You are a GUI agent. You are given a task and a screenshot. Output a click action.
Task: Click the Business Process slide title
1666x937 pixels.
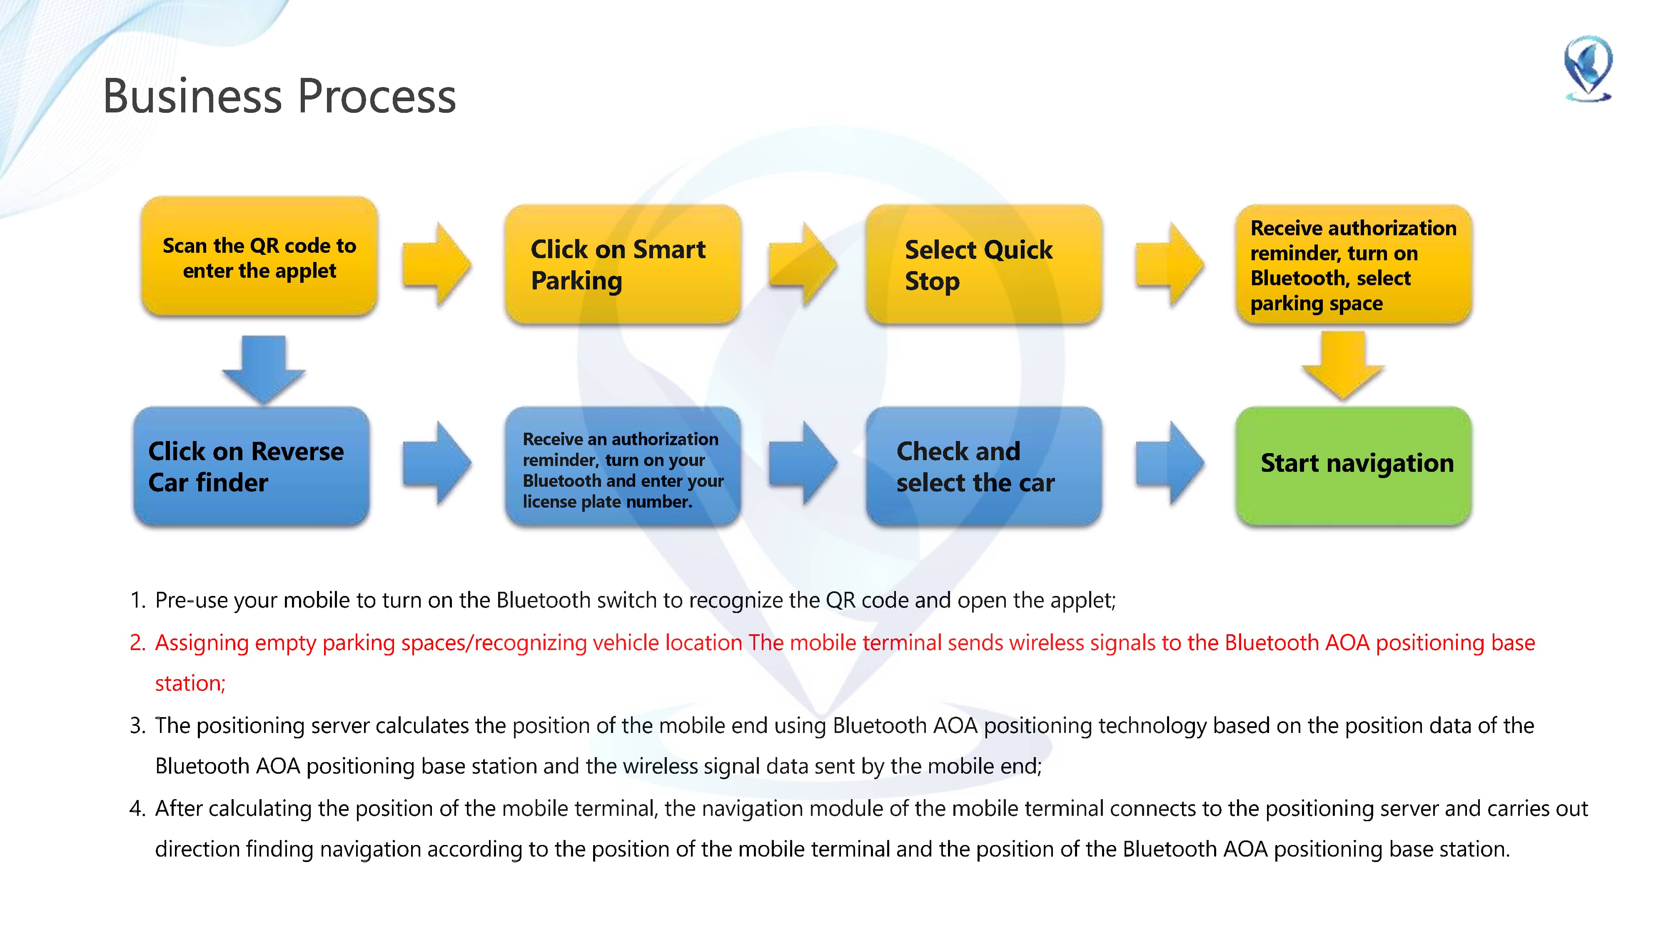point(279,96)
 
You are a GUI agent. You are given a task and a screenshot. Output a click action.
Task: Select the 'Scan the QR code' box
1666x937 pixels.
point(259,257)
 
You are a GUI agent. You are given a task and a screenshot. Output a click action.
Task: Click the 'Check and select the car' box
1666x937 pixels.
point(984,466)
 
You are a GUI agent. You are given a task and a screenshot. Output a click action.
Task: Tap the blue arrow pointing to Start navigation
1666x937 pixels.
point(1169,463)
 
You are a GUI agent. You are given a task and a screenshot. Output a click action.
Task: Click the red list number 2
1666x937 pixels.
point(137,643)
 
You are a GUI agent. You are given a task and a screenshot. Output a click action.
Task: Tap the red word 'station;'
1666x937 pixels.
point(190,683)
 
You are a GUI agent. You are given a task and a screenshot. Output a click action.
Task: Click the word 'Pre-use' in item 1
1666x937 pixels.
point(192,601)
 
